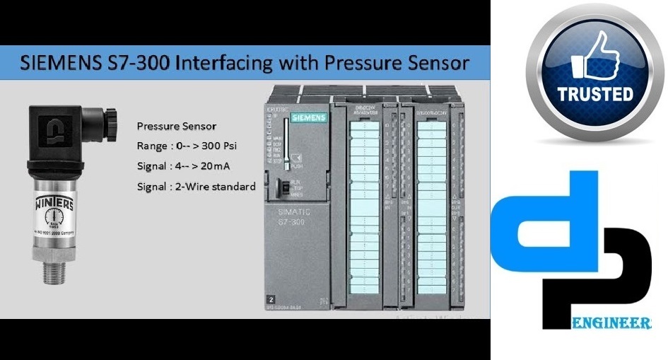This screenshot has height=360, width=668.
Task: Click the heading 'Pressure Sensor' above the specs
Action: [176, 126]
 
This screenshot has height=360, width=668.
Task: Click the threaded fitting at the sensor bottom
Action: [54, 272]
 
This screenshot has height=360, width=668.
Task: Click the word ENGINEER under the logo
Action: [610, 324]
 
